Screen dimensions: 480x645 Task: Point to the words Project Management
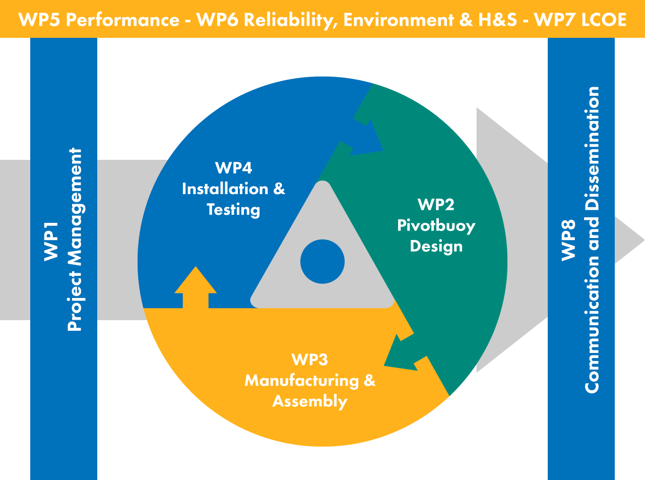tap(75, 239)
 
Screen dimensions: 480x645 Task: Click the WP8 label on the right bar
tap(568, 241)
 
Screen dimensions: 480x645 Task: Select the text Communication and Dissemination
tap(592, 239)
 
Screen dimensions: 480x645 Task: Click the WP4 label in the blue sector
tap(233, 167)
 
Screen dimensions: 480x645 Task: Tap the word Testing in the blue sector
tap(233, 210)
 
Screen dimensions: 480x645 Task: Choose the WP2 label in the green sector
tap(436, 204)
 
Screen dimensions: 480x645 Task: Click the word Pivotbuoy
tap(436, 225)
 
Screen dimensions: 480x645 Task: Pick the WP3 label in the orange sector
tap(309, 359)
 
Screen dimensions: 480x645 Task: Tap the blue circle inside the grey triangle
tap(322, 262)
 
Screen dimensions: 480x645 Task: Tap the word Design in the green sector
tap(436, 246)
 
